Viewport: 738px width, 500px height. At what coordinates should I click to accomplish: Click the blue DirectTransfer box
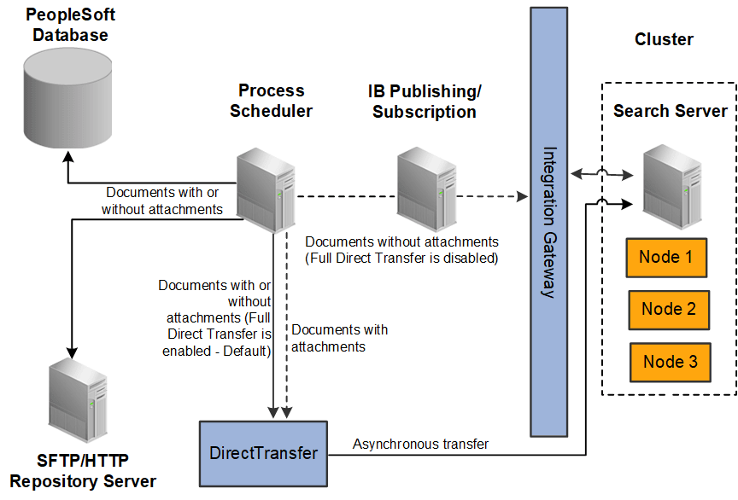264,453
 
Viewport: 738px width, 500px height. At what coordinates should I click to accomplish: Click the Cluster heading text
664,39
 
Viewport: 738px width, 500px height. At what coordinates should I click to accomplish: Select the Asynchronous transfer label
420,444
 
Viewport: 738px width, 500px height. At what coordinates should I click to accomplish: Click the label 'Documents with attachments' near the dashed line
339,338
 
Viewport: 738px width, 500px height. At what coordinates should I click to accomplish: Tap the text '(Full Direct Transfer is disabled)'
401,258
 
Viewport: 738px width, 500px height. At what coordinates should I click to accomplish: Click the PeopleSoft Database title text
68,26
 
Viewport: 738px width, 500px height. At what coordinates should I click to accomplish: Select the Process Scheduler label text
271,101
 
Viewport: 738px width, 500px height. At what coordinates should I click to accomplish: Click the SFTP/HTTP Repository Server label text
83,471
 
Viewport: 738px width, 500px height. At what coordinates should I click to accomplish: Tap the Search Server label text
670,111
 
